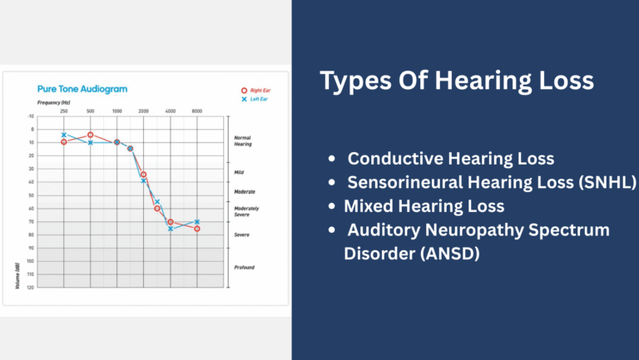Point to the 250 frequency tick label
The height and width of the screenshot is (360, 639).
pos(63,111)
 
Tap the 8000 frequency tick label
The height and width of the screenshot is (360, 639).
pos(196,111)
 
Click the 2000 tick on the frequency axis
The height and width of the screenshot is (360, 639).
pos(143,111)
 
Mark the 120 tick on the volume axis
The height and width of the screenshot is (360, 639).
pos(31,287)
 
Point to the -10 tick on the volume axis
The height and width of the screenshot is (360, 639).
pos(31,116)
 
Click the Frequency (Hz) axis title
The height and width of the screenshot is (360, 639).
pos(55,101)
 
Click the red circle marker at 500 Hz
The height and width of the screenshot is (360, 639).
pos(90,135)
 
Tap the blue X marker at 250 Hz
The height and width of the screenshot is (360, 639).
pos(63,135)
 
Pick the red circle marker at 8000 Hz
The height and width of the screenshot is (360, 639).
pos(197,228)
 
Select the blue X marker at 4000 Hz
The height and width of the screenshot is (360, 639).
pos(171,228)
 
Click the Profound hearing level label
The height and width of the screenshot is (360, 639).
pos(244,267)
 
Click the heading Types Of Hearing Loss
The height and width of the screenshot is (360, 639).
pos(457,81)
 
